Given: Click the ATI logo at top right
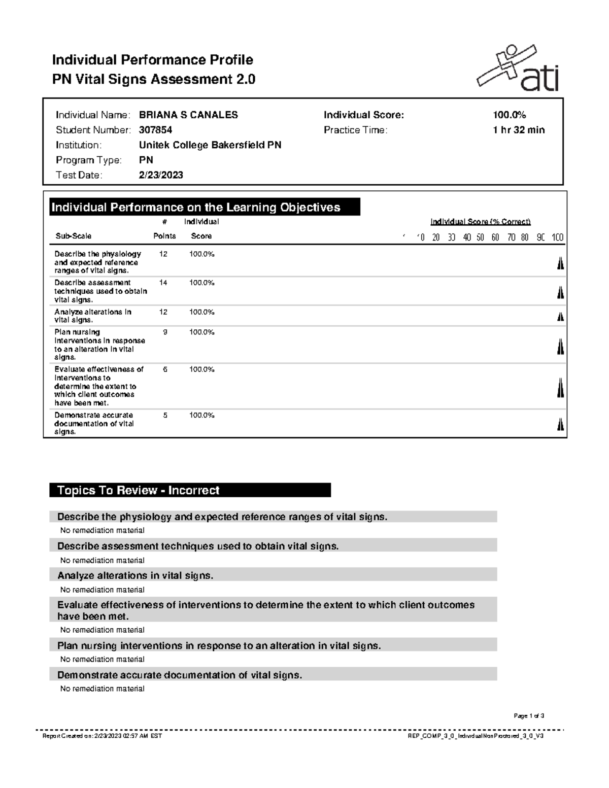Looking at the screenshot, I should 518,70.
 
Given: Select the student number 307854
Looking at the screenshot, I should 155,130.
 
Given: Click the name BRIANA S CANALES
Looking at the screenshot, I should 188,115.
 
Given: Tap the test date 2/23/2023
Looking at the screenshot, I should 161,175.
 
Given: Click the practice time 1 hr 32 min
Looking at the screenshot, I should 518,130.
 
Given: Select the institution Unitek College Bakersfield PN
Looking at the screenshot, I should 210,145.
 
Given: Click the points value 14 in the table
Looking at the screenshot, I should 163,283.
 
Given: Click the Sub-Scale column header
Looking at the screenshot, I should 73,236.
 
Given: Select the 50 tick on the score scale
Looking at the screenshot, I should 480,237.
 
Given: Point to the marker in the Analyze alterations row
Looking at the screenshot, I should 560,317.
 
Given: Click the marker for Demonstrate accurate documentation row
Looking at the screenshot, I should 560,424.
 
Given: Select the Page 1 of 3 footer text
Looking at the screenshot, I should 529,716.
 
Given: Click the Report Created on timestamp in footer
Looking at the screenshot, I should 102,736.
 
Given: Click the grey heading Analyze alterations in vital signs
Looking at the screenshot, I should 135,575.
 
